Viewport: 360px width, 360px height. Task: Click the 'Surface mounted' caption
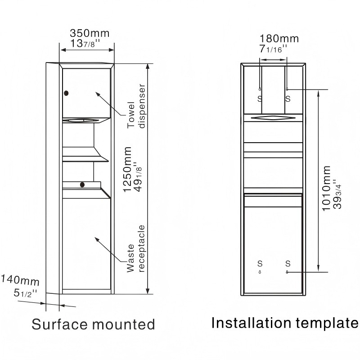coord(93,324)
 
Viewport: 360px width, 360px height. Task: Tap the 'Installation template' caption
coord(285,323)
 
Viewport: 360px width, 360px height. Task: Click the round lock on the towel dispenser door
coord(67,93)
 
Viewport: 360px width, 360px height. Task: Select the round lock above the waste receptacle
coord(82,184)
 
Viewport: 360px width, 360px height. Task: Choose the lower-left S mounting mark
coord(260,263)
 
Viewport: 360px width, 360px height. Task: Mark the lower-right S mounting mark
coord(288,263)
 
